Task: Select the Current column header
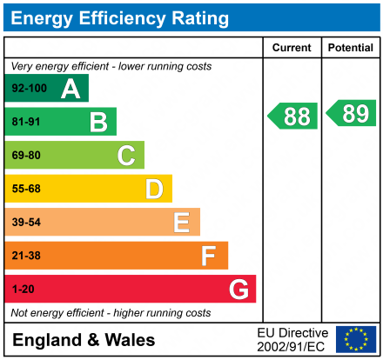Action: tap(292, 48)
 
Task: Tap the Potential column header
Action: tap(350, 48)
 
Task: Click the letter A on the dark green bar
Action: tap(71, 89)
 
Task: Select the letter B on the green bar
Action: tap(98, 122)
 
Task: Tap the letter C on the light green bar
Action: tap(126, 156)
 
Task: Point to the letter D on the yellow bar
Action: tap(154, 189)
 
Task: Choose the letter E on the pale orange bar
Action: tap(181, 223)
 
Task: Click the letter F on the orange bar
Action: tap(209, 256)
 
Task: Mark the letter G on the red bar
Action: tap(238, 289)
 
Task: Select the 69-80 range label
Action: tap(25, 156)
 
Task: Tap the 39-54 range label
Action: tap(25, 223)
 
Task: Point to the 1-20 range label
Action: tap(22, 289)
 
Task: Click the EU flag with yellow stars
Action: tap(356, 339)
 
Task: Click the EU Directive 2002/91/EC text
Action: tap(292, 339)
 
